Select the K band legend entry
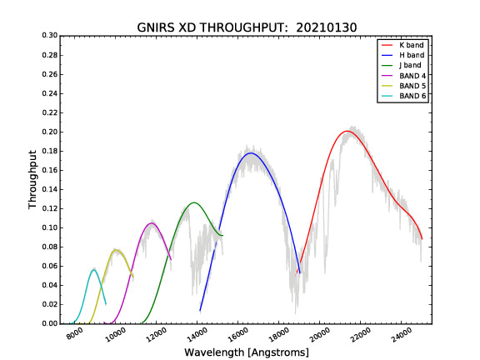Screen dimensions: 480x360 tap(402, 45)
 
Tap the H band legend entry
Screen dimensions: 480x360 tap(402, 55)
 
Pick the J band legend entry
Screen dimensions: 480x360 tap(402, 65)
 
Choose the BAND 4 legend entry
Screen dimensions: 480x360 tap(403, 76)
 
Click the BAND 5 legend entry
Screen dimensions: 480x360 tap(403, 86)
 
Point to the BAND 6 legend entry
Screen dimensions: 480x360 tap(403, 96)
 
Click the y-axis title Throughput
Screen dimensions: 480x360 tap(32, 179)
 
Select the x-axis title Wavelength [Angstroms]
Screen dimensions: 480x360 tap(247, 352)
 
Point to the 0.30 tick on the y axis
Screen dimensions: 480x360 tap(50, 36)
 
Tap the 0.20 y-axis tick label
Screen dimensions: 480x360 tap(50, 132)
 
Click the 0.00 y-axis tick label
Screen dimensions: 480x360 tap(50, 323)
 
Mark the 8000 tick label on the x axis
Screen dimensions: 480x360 tap(75, 334)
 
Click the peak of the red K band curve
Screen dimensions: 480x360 tap(347, 131)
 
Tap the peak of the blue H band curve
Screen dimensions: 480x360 tap(251, 152)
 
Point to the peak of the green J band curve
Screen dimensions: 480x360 tap(194, 202)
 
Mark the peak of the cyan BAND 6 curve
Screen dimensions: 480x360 tap(93, 270)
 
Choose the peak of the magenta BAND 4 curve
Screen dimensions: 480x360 tap(151, 223)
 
